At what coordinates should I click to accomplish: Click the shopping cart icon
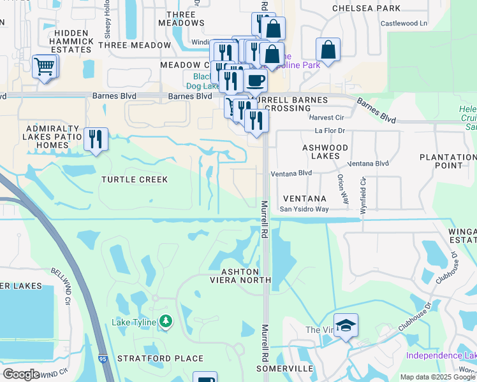pos(44,66)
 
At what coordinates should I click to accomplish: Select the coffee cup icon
pos(255,81)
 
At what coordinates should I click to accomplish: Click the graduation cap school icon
pos(346,326)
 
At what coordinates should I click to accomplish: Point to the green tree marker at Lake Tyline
pos(166,322)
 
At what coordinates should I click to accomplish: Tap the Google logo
pos(22,374)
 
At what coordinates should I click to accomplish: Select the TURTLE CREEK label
pos(135,180)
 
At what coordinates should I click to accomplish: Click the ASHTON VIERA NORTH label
pos(242,276)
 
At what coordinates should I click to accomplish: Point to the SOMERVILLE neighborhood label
pos(284,369)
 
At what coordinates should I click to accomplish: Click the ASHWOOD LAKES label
pos(325,152)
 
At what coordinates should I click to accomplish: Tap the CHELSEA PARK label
pos(367,8)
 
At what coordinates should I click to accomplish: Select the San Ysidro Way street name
pos(304,209)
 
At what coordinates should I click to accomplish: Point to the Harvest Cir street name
pos(326,118)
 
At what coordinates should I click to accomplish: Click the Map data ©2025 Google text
pos(437,377)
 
